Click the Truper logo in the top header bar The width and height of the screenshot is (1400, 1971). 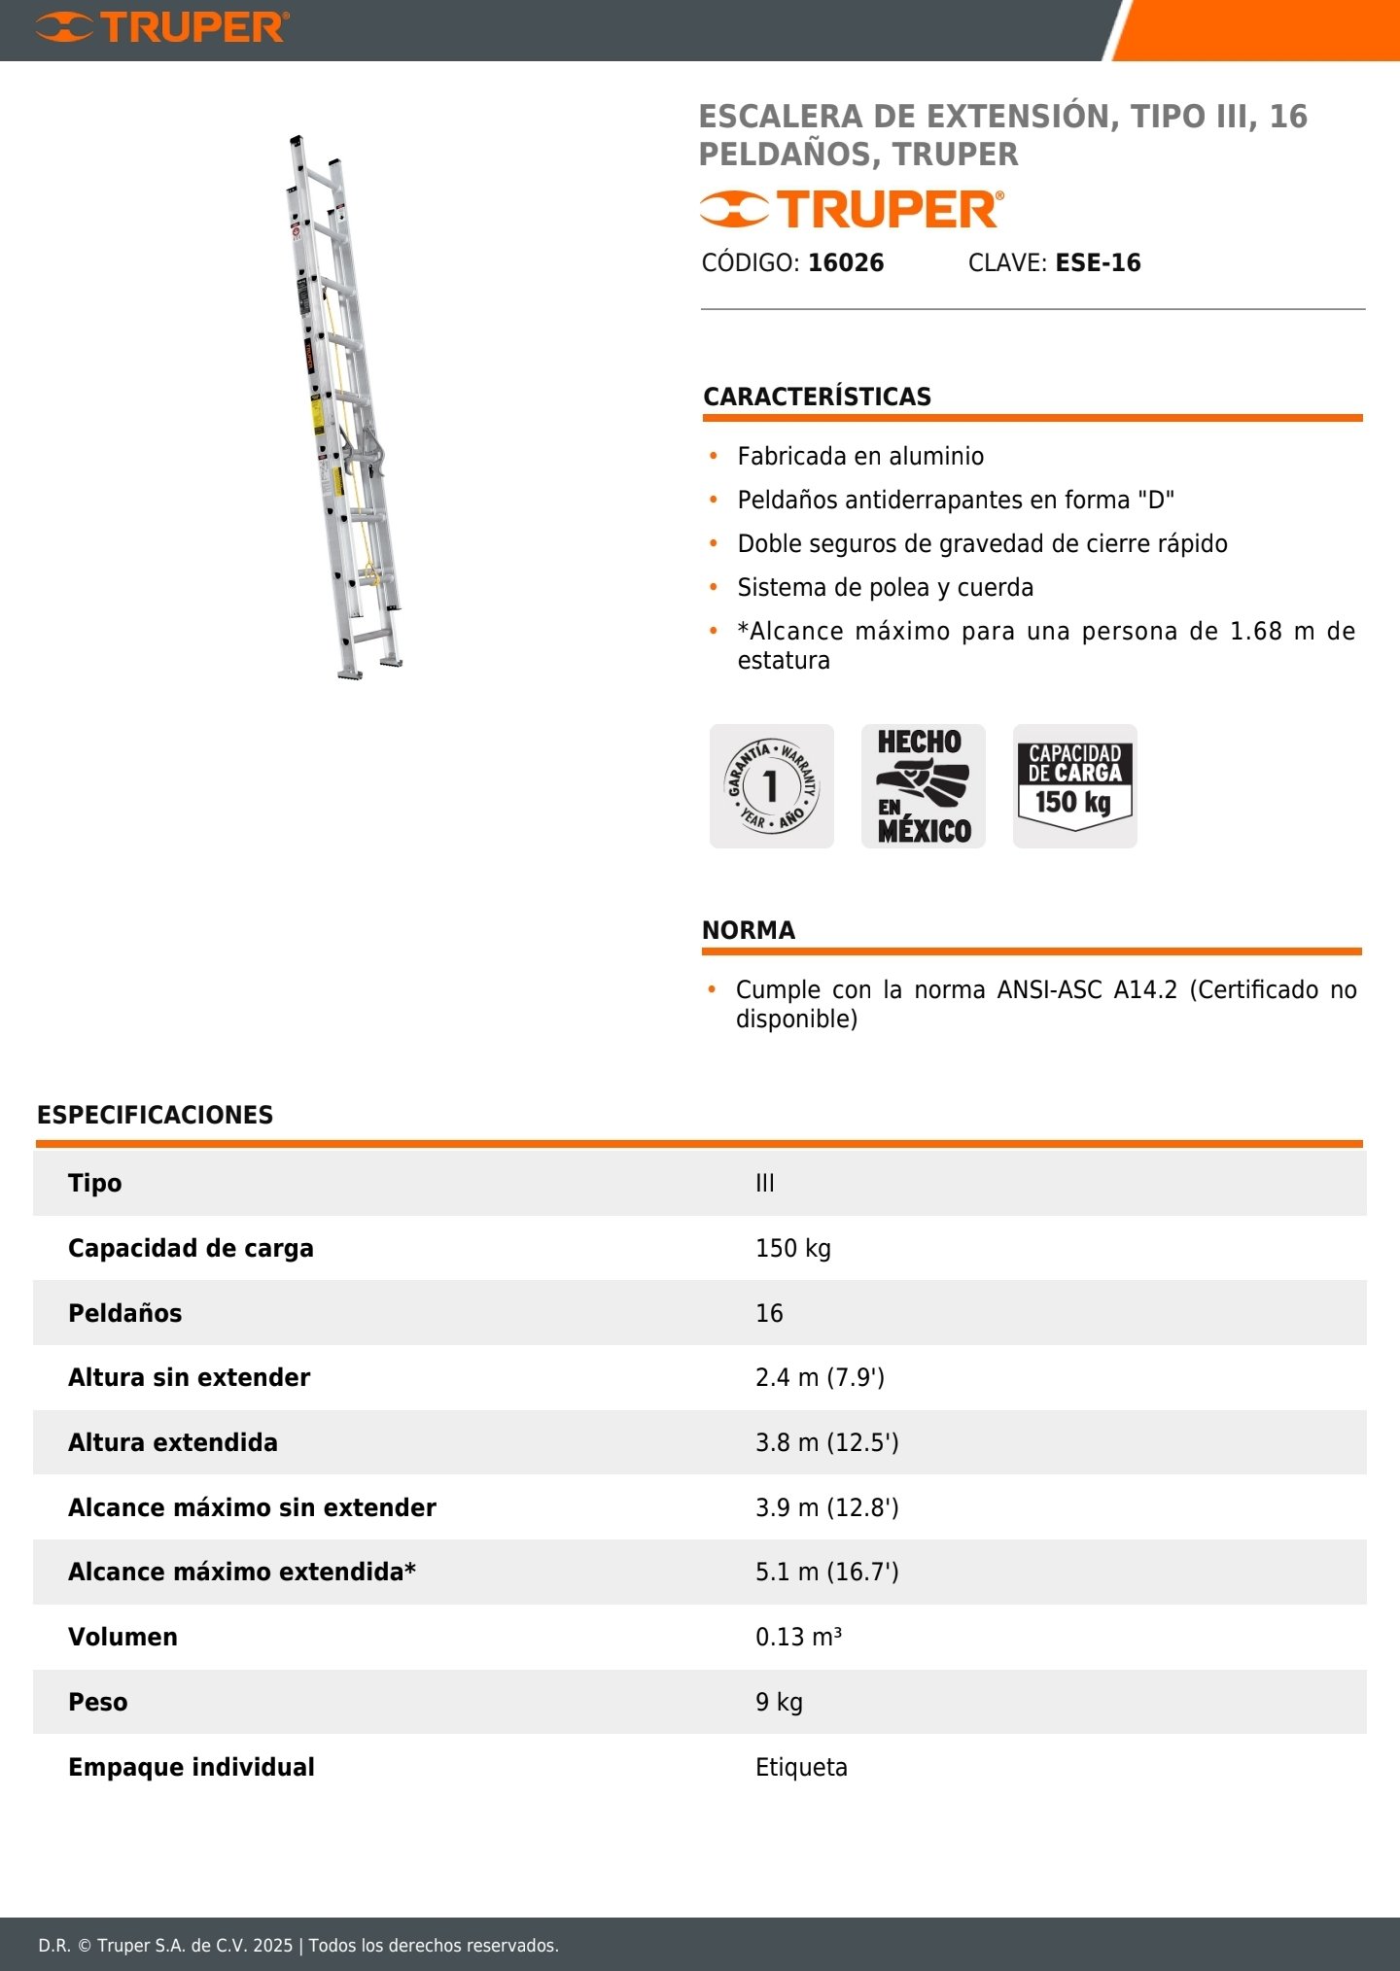tap(162, 27)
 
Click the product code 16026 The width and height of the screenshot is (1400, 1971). tap(846, 262)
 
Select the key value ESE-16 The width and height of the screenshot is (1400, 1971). tap(1098, 262)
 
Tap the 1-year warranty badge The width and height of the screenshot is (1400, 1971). tap(771, 785)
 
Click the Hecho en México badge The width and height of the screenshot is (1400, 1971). tap(923, 785)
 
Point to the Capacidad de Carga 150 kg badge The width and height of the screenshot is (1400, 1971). tap(1074, 785)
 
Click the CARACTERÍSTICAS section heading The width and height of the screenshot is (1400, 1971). tap(817, 397)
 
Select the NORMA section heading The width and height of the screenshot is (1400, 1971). tap(749, 930)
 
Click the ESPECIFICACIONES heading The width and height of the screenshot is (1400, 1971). tap(155, 1115)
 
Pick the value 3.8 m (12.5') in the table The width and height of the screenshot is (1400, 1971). tap(826, 1442)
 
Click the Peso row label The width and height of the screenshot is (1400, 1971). tap(97, 1702)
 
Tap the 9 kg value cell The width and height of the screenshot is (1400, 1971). tap(779, 1702)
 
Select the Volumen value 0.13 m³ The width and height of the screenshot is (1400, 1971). tap(798, 1637)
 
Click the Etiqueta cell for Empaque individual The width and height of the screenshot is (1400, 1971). tap(801, 1767)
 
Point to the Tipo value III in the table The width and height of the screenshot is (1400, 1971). tap(765, 1183)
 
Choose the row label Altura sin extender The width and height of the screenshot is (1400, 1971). tap(189, 1377)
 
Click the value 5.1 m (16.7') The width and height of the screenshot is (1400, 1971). tap(826, 1572)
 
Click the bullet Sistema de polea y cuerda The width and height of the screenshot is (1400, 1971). tap(885, 587)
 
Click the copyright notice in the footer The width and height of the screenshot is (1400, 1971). tap(298, 1945)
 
